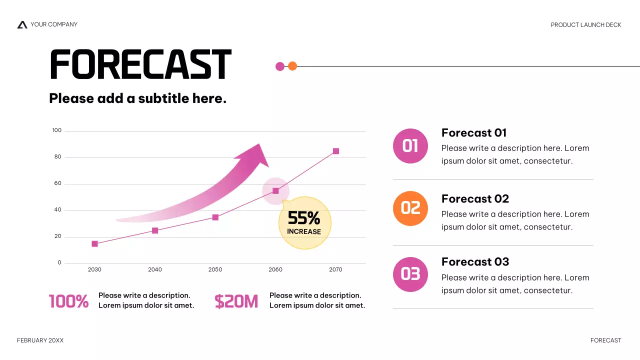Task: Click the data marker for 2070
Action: (x=336, y=151)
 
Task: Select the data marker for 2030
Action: (x=94, y=244)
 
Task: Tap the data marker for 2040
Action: (x=155, y=230)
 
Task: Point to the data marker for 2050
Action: (x=215, y=217)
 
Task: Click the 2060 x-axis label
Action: (x=275, y=269)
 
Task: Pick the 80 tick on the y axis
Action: (x=58, y=157)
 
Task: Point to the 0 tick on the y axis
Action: (x=59, y=262)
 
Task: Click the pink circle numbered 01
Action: (x=410, y=146)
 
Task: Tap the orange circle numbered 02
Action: (x=410, y=208)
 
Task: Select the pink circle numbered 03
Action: (x=410, y=274)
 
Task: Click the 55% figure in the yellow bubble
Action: (x=304, y=218)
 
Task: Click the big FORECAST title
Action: (x=140, y=65)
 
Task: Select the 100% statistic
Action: (x=69, y=301)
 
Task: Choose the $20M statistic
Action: (x=236, y=301)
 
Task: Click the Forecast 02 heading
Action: (x=475, y=199)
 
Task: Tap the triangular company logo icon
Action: (x=22, y=24)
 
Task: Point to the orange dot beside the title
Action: (x=292, y=66)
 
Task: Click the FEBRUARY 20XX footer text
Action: (x=40, y=340)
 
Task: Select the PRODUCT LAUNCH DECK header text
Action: (x=586, y=25)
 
